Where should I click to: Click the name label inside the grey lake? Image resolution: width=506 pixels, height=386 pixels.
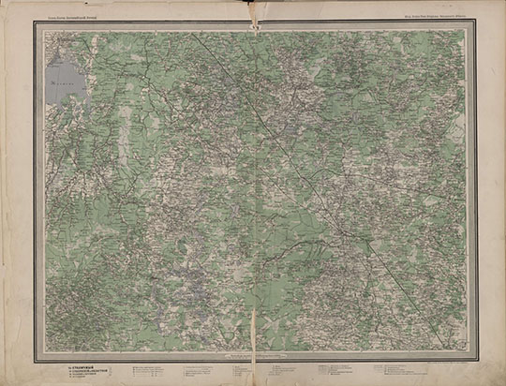(x=58, y=82)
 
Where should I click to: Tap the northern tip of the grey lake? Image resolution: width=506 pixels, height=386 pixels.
(x=64, y=55)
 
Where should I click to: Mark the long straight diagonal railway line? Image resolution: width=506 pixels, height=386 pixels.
(x=281, y=150)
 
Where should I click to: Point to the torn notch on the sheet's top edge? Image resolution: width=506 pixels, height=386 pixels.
(x=253, y=7)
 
